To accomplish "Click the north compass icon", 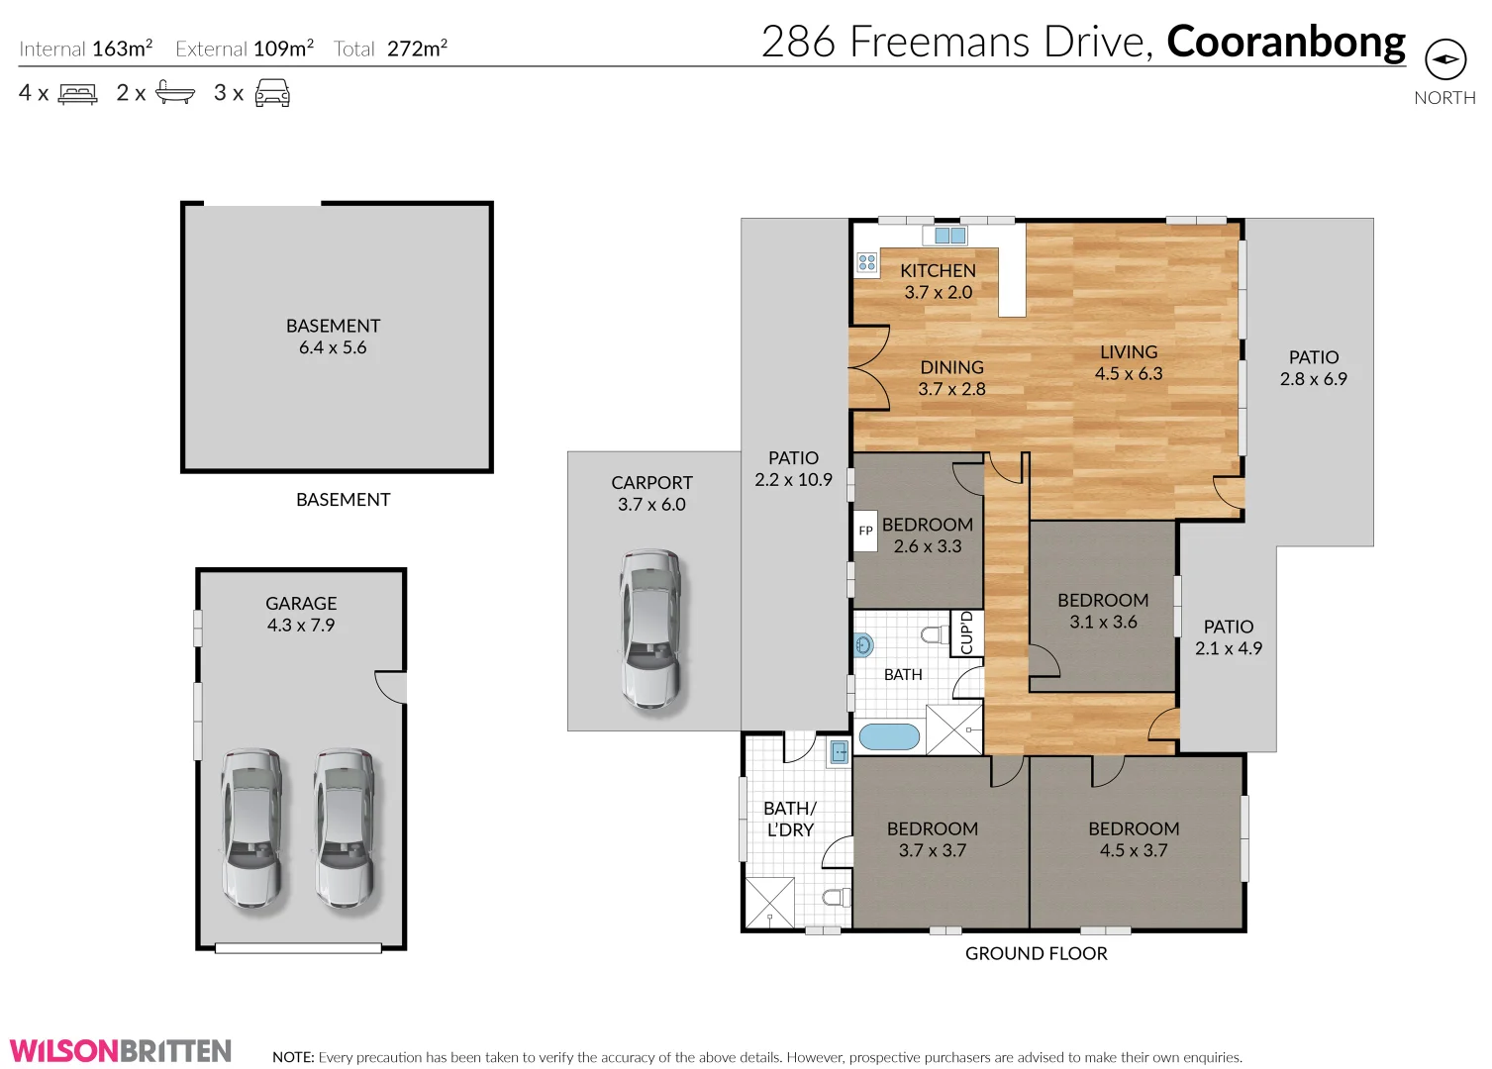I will (x=1444, y=59).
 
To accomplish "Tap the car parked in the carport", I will (x=650, y=630).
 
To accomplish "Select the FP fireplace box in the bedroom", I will (x=865, y=531).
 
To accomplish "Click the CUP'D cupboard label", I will (x=967, y=633).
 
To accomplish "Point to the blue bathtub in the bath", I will (x=889, y=736).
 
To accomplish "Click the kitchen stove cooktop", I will (x=867, y=262).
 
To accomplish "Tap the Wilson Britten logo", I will (x=121, y=1050).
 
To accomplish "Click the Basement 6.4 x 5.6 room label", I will (x=333, y=337).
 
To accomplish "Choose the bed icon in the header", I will (x=78, y=94).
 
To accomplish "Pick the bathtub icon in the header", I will (x=175, y=94).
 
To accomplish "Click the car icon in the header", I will (x=272, y=94).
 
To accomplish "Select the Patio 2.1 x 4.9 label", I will (x=1228, y=637).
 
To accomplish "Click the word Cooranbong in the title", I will (x=1285, y=42).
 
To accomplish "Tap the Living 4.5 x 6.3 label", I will (x=1129, y=362).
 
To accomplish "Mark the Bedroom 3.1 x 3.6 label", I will (x=1103, y=611).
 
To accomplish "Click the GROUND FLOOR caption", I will (x=1036, y=953).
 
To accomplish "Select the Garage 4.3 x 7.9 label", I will (x=301, y=614).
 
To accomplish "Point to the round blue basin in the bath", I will (x=863, y=645).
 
